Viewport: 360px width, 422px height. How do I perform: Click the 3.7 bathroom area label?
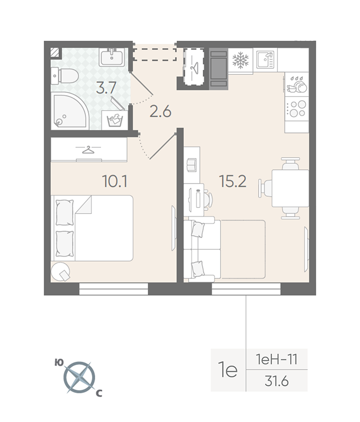point(106,88)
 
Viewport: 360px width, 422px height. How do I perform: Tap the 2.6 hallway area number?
point(161,111)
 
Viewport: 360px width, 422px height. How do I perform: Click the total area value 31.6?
point(277,381)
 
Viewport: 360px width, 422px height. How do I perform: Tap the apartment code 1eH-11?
point(277,359)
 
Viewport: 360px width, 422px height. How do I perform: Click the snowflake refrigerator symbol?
point(240,60)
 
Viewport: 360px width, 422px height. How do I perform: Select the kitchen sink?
point(265,60)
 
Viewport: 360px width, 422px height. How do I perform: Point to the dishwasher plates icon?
point(297,84)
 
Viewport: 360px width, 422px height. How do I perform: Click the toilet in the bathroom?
point(64,75)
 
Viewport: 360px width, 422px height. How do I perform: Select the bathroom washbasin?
point(112,57)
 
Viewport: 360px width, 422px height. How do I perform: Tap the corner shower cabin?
point(70,112)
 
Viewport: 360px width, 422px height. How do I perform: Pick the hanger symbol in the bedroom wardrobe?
point(88,149)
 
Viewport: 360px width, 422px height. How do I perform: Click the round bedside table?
point(61,271)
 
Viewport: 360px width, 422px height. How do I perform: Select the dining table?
point(290,188)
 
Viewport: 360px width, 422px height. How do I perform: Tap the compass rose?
point(79,377)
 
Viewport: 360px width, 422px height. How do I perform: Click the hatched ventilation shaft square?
point(55,53)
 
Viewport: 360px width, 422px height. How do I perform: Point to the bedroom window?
point(114,289)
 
